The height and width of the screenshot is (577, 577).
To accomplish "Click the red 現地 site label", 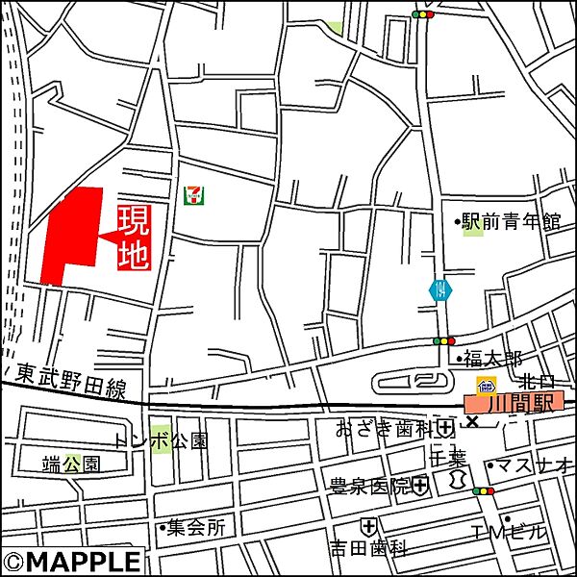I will coord(134,237).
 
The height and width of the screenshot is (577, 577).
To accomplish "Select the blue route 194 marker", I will coord(439,289).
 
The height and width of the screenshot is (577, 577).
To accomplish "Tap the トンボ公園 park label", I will coord(161,441).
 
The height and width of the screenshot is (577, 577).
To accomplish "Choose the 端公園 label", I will coord(71,464).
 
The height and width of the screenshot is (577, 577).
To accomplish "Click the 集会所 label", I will coord(192,527).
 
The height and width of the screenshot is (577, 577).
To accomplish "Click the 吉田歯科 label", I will coord(369,549).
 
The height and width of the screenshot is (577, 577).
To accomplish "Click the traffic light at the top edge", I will coord(422,14).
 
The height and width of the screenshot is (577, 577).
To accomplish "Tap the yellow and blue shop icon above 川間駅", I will coord(487,387).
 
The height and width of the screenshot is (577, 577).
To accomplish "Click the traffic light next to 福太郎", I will coord(443,340).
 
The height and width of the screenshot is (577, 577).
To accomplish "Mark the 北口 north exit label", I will coord(537,383).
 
